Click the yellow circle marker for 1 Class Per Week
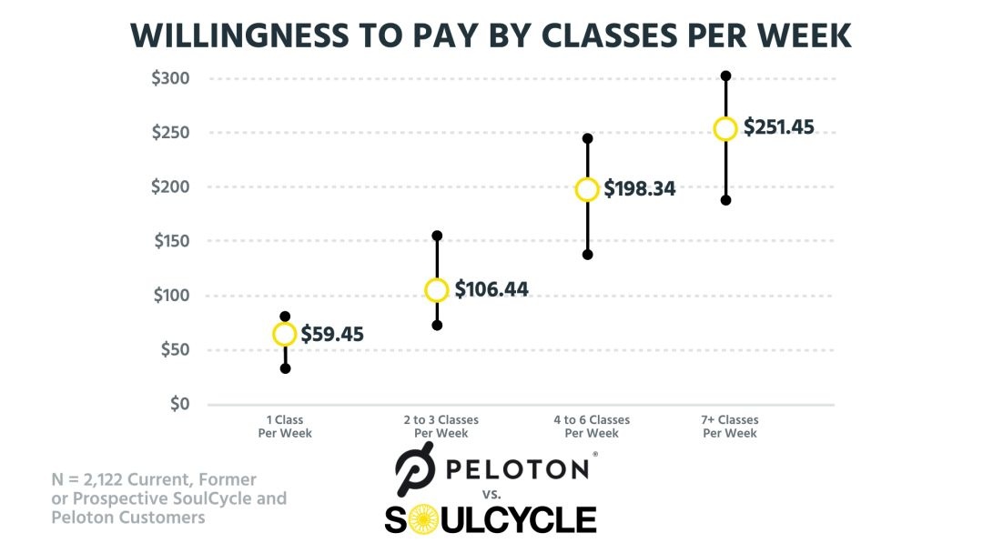tap(285, 335)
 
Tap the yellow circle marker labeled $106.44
tap(437, 290)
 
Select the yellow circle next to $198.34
tap(587, 189)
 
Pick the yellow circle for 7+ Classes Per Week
tap(725, 129)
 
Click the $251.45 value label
tap(779, 127)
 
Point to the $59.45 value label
tap(332, 335)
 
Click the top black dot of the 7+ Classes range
tap(725, 75)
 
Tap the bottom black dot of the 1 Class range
tap(285, 368)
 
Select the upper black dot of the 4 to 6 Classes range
tap(587, 138)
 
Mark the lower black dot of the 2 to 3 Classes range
tap(437, 325)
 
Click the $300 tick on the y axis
tap(170, 78)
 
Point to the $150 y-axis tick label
tap(170, 241)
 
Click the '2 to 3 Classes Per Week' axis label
tap(441, 427)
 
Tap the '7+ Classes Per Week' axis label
tap(730, 427)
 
